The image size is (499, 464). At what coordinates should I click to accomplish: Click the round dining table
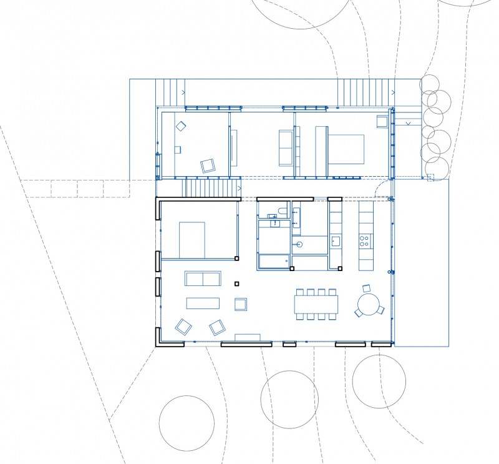pyautogui.click(x=366, y=305)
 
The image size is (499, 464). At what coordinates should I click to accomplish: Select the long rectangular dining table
pyautogui.click(x=316, y=304)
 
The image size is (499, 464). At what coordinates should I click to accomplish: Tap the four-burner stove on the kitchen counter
pyautogui.click(x=366, y=239)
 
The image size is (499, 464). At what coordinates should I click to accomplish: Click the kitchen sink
pyautogui.click(x=336, y=240)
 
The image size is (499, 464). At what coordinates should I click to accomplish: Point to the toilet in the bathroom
pyautogui.click(x=282, y=210)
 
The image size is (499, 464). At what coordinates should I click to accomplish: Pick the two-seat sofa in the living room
pyautogui.click(x=203, y=278)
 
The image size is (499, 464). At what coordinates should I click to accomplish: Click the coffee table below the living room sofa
pyautogui.click(x=203, y=303)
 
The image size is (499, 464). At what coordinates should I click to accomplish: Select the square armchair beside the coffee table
pyautogui.click(x=241, y=304)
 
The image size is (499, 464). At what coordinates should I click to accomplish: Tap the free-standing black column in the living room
pyautogui.click(x=236, y=284)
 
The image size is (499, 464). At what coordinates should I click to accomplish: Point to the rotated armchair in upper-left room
pyautogui.click(x=207, y=165)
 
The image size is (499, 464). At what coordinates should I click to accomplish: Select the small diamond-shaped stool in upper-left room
pyautogui.click(x=181, y=126)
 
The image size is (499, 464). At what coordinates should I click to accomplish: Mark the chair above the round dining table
pyautogui.click(x=367, y=288)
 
